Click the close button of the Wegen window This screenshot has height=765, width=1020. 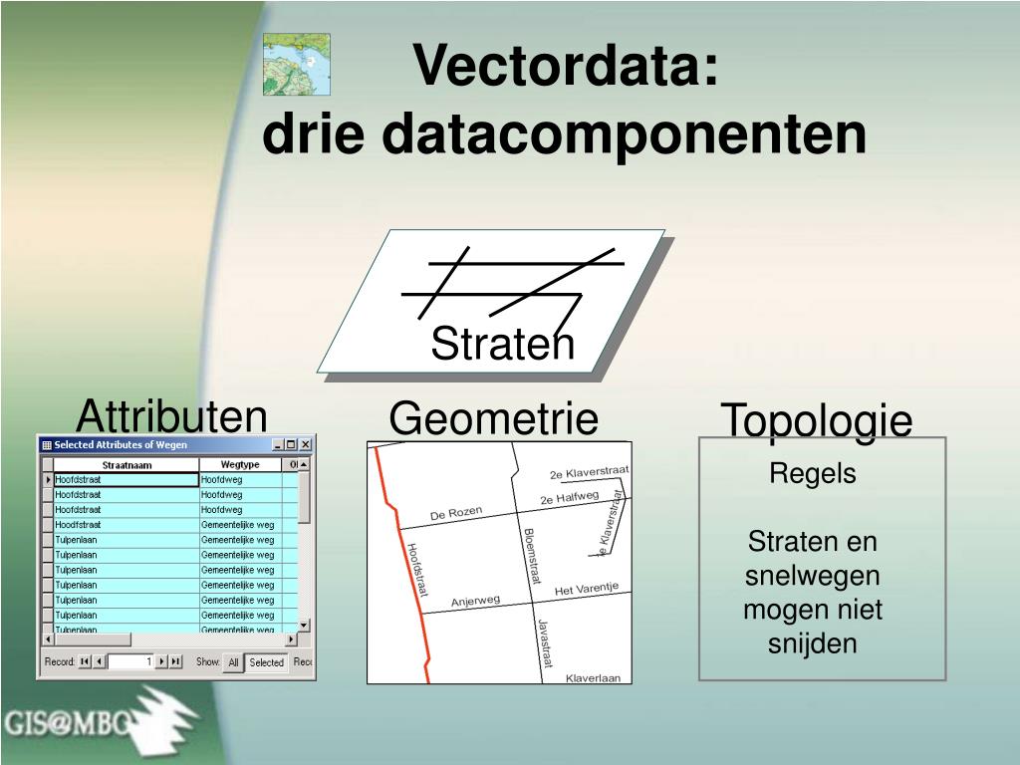click(306, 445)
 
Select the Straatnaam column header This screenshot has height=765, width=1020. click(127, 465)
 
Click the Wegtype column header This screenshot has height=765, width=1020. click(239, 465)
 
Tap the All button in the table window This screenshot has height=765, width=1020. click(233, 662)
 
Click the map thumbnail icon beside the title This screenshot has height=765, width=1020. click(296, 64)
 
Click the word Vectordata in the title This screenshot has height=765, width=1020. click(565, 66)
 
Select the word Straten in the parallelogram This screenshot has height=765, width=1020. click(502, 345)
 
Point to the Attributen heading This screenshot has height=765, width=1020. click(171, 415)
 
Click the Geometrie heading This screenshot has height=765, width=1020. click(493, 418)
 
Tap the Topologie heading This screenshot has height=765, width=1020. click(816, 420)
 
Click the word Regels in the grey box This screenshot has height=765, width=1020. click(813, 474)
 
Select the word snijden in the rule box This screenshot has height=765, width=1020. click(813, 643)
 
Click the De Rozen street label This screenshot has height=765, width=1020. click(456, 513)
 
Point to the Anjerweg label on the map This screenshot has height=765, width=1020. click(475, 601)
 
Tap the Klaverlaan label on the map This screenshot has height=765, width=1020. click(593, 677)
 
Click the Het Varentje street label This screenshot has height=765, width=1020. click(586, 590)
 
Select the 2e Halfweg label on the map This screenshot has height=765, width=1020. click(569, 497)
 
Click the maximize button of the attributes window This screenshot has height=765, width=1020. click(291, 445)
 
